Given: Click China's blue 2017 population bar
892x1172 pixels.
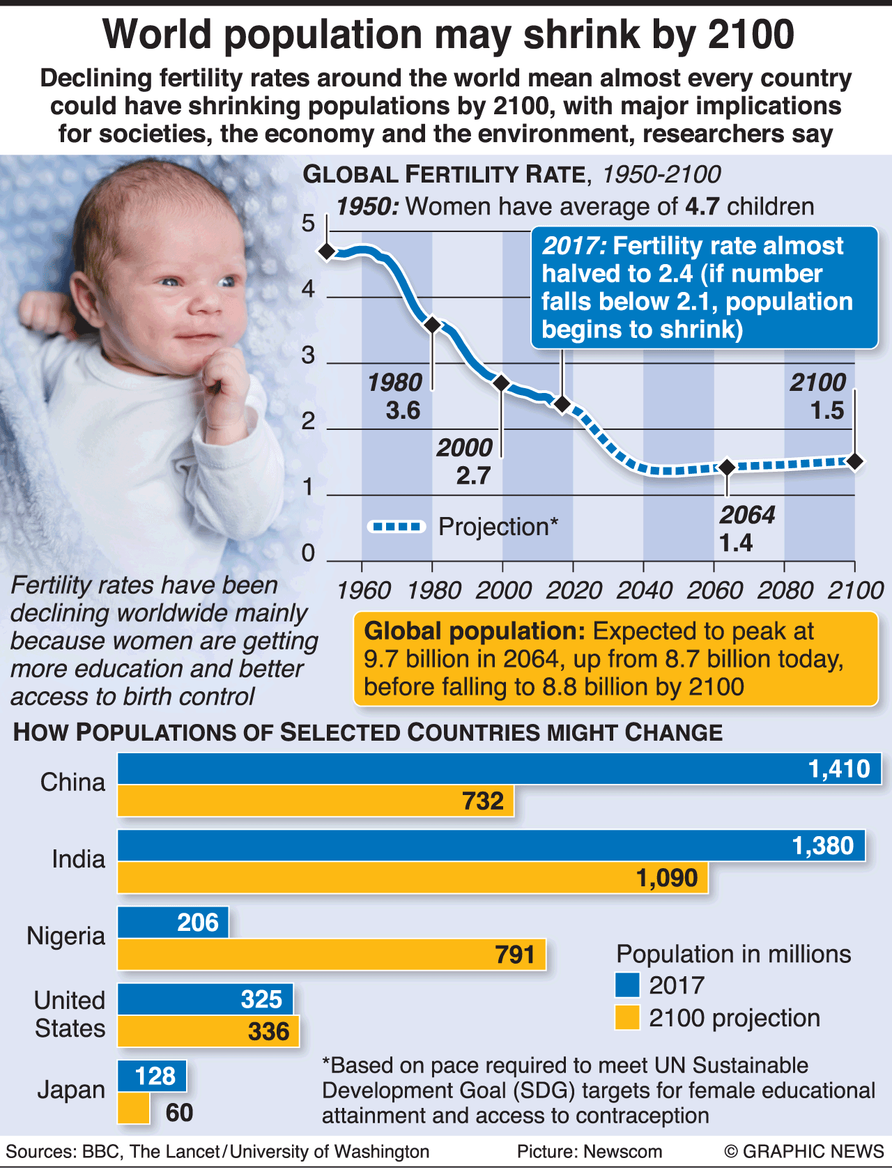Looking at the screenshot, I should click(x=499, y=769).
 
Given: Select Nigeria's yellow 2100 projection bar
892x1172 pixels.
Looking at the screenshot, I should click(x=332, y=954).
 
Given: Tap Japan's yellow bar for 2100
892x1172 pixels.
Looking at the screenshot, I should click(x=133, y=1108).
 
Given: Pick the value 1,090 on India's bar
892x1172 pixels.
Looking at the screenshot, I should click(x=666, y=878).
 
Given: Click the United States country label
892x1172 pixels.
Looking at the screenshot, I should click(x=70, y=1015).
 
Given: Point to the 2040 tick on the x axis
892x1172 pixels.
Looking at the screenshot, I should click(x=644, y=590).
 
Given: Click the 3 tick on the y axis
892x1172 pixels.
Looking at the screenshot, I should click(x=308, y=355).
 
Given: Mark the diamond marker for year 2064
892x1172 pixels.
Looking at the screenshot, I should click(x=727, y=468).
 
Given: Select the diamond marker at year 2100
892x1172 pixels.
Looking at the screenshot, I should click(x=855, y=461).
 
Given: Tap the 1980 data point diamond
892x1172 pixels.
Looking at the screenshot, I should click(x=432, y=325).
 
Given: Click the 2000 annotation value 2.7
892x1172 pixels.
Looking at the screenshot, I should click(x=473, y=476).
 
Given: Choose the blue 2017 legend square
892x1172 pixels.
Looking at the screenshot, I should click(x=627, y=985).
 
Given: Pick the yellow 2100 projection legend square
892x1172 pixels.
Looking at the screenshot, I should click(x=627, y=1017).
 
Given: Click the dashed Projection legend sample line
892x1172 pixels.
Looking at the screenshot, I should click(x=397, y=527).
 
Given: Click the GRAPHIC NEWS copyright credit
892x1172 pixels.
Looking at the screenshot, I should click(x=804, y=1151).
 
